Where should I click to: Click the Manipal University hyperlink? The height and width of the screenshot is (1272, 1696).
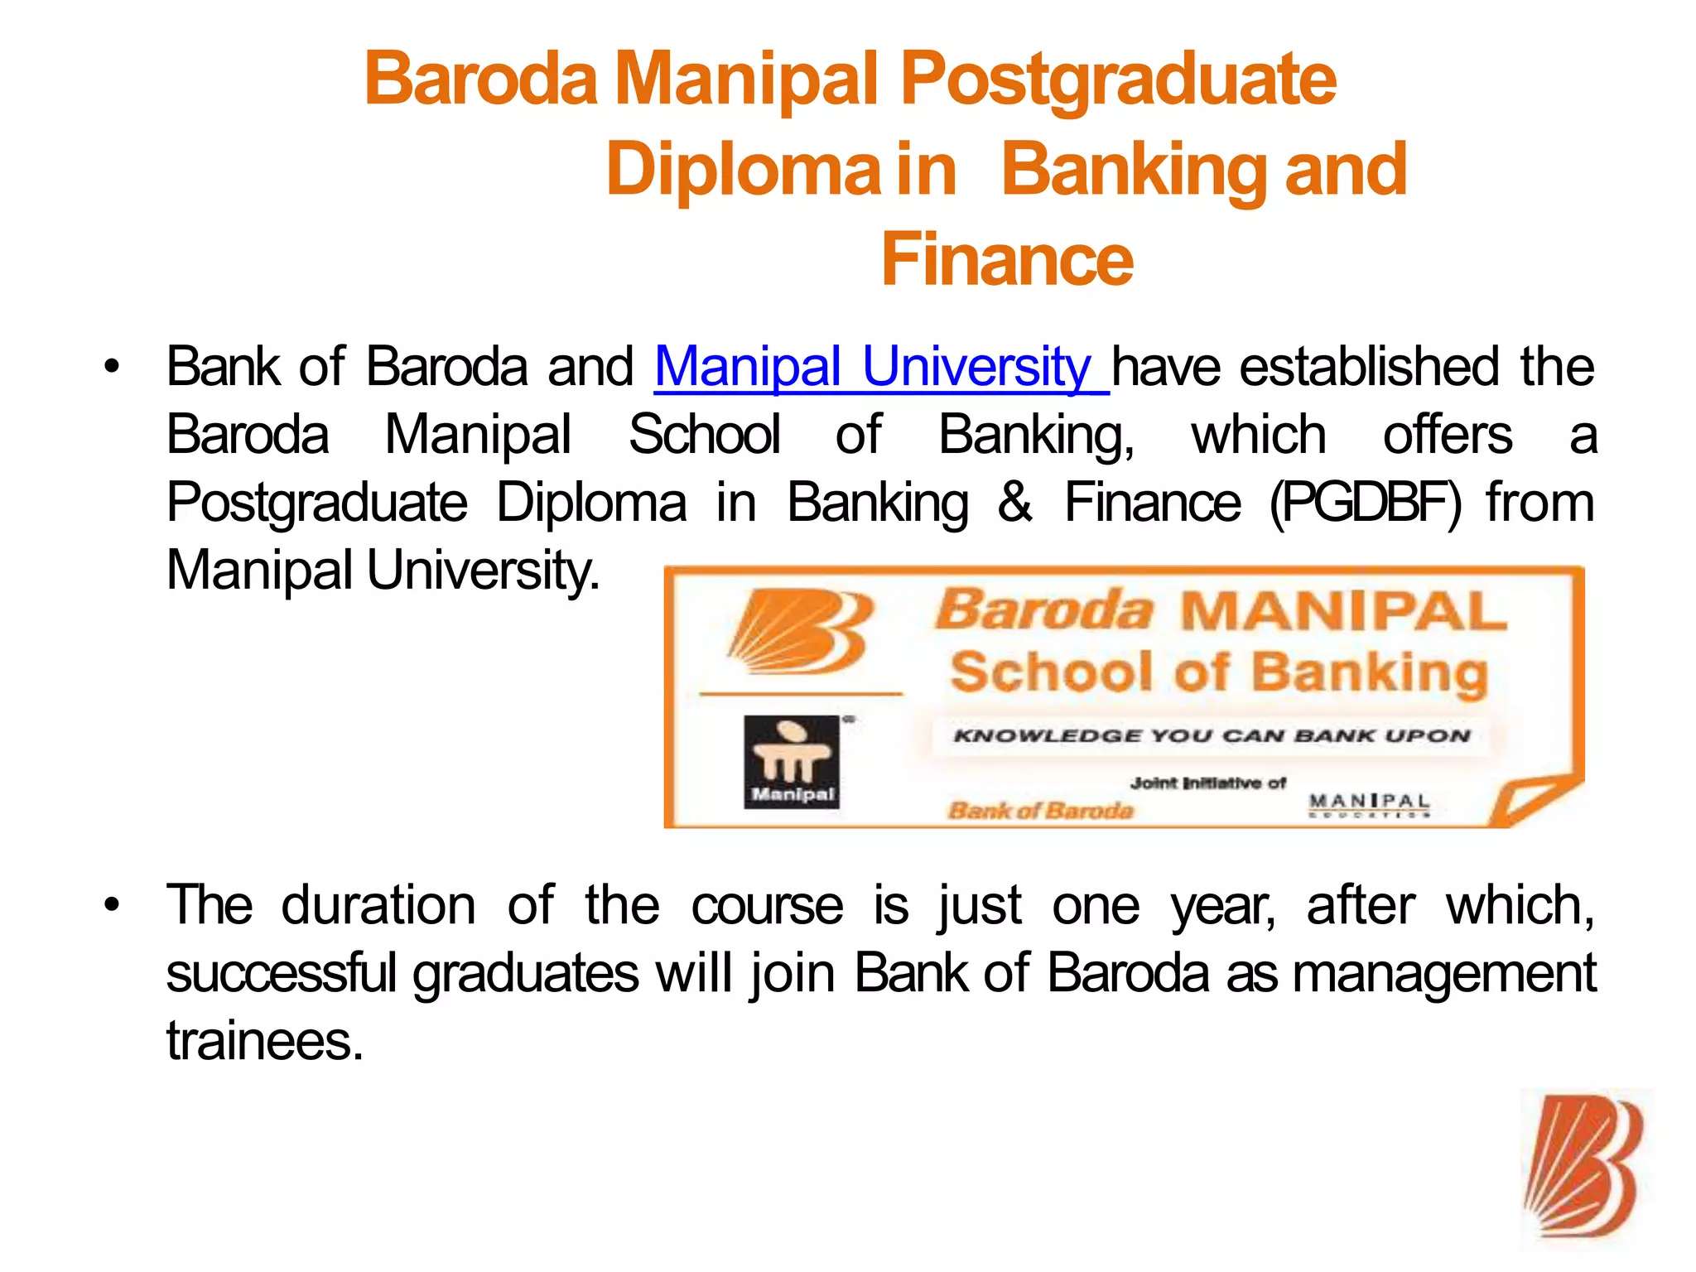(x=880, y=367)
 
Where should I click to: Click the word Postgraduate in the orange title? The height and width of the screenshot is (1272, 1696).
(x=1118, y=80)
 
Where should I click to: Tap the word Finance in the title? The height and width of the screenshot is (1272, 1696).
(x=1007, y=260)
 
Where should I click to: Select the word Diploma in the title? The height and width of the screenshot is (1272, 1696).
(x=744, y=170)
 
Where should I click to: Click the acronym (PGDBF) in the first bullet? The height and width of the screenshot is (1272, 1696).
(x=1366, y=503)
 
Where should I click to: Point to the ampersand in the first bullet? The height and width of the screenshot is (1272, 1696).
(x=1015, y=503)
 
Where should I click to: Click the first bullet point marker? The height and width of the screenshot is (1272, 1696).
(x=112, y=367)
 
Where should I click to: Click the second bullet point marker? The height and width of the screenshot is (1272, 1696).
(x=112, y=904)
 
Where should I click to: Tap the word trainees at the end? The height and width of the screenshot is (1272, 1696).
(x=265, y=1041)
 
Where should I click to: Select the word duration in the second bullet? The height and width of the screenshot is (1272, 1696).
(x=378, y=905)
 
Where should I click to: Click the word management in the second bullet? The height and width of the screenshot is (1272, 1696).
(x=1443, y=973)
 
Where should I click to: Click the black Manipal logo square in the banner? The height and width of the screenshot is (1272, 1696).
(x=792, y=761)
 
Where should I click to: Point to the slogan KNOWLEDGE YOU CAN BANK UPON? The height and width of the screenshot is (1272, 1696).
(x=1211, y=735)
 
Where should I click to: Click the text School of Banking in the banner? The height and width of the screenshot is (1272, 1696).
(x=1219, y=672)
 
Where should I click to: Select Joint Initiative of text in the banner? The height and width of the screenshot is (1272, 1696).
(x=1208, y=783)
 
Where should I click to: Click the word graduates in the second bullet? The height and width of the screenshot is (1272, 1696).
(x=526, y=973)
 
